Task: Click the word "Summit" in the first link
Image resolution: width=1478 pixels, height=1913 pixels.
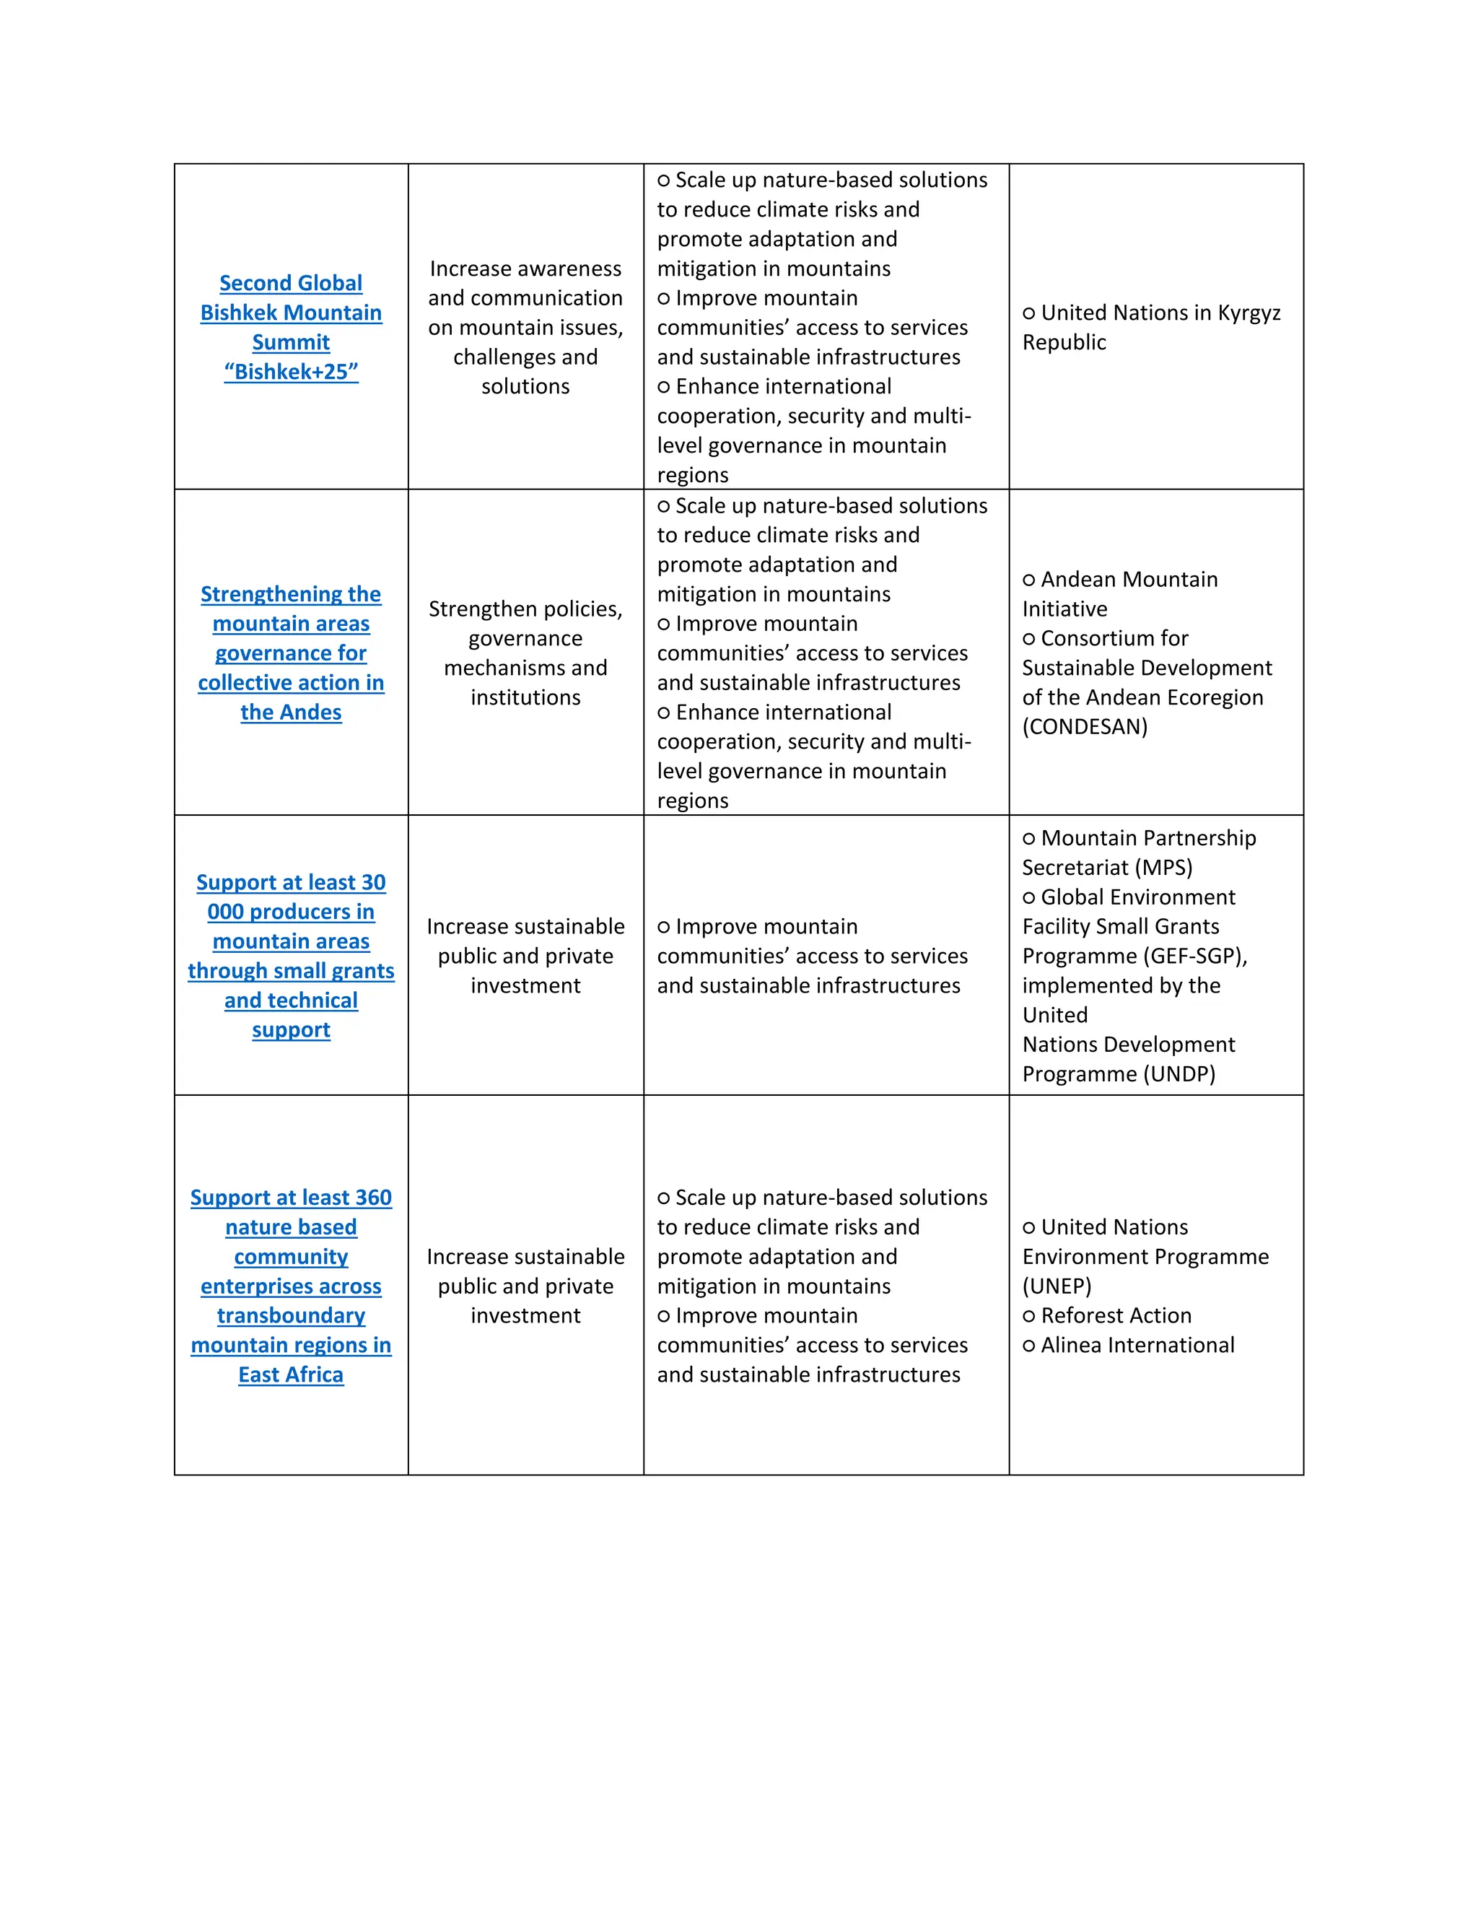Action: point(291,342)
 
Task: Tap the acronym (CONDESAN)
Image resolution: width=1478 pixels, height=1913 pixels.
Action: point(1084,726)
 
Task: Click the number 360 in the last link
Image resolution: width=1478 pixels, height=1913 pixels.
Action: point(374,1198)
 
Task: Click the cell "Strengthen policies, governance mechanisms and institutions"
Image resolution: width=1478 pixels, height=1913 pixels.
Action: point(525,653)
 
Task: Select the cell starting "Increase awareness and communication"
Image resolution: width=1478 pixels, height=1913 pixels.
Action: point(525,327)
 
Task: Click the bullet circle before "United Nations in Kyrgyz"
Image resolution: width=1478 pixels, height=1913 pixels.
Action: point(1029,313)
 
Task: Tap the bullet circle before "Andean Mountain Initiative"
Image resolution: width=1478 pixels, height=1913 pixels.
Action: point(1029,580)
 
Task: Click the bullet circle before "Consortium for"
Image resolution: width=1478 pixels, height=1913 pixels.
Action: point(1029,639)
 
